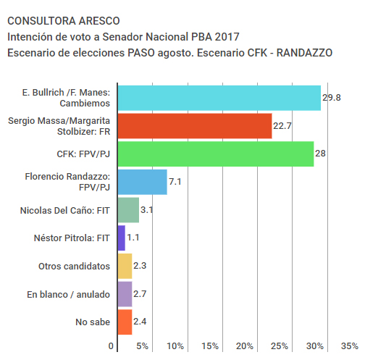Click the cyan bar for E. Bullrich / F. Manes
[219, 98]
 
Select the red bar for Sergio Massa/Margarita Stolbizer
[195, 126]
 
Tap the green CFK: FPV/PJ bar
[216, 154]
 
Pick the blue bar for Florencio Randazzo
[143, 182]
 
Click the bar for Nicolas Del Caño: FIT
[128, 210]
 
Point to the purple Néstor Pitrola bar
[122, 238]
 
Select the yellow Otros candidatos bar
[125, 266]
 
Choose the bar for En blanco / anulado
[125, 294]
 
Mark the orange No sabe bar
[125, 322]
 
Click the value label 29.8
[332, 98]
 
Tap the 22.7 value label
[282, 126]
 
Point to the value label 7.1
[175, 182]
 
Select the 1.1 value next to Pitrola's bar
[133, 238]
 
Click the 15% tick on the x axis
[210, 346]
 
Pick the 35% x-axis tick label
[349, 346]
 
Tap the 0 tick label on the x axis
[111, 346]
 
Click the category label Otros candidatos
[74, 266]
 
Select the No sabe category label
[93, 322]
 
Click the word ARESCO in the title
[99, 21]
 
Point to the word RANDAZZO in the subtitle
[304, 53]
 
